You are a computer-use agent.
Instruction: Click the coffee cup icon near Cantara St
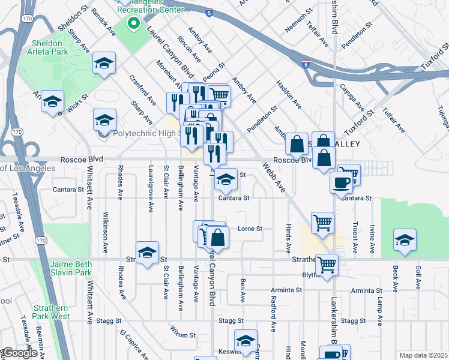(341, 182)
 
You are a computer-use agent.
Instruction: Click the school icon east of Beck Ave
(405, 241)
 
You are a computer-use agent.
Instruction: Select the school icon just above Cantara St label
(226, 180)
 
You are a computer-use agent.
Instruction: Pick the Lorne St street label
(250, 229)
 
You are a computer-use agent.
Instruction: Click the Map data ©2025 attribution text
(423, 355)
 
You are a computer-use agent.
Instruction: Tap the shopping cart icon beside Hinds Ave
(322, 223)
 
